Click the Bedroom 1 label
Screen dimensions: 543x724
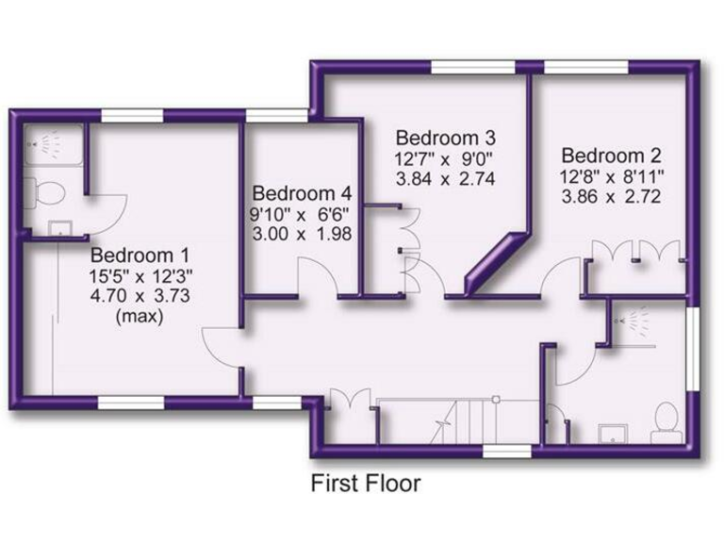[139, 255]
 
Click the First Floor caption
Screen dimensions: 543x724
[366, 484]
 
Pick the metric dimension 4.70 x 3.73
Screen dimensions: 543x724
[140, 296]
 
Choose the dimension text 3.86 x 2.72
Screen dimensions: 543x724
[610, 198]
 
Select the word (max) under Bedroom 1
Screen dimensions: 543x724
[139, 317]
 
